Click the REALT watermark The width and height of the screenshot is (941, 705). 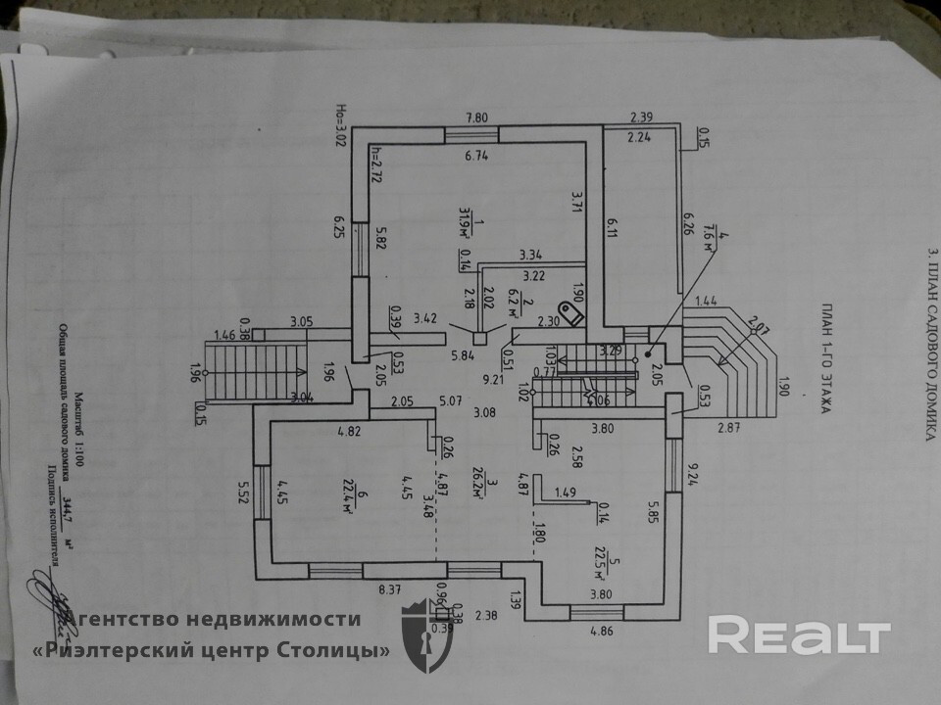799,636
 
